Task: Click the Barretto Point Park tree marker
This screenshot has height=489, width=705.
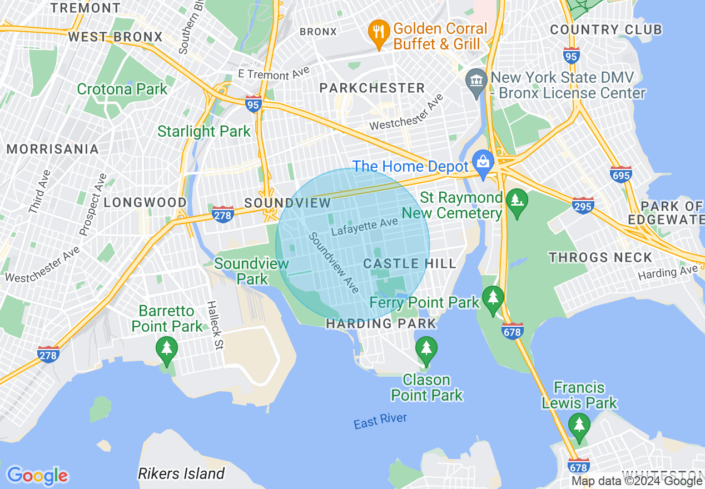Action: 167,348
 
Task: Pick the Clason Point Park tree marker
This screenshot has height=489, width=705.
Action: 426,348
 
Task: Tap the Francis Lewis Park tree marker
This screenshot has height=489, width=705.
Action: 579,425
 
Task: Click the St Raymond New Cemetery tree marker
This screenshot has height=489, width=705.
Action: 517,201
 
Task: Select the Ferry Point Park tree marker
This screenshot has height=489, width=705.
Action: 493,298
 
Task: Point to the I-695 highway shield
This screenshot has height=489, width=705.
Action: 620,174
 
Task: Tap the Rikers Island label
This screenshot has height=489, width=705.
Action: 181,473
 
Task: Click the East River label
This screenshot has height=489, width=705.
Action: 380,421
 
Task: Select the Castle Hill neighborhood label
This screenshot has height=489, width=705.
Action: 410,263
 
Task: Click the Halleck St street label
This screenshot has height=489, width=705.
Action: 215,325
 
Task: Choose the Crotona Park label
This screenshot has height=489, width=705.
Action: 122,89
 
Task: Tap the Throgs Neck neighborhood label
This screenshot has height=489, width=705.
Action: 600,257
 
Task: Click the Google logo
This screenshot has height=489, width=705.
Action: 37,476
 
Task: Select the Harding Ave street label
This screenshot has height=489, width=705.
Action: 667,273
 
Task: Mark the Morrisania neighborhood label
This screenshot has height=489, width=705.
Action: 52,149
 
